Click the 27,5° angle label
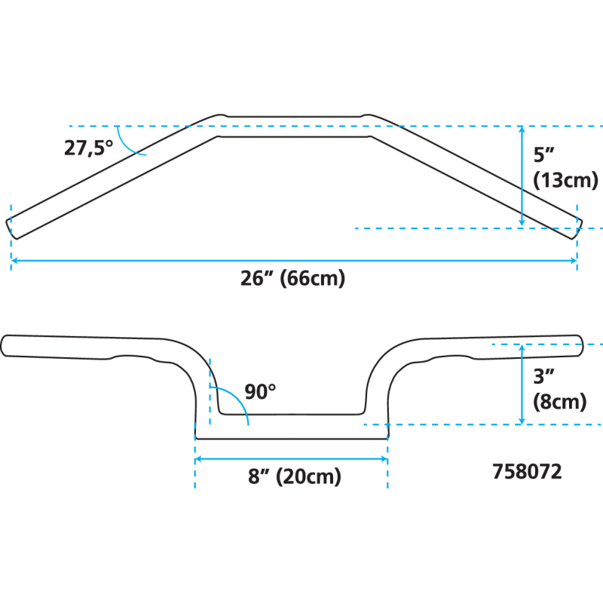[x=87, y=148]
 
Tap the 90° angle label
[x=260, y=392]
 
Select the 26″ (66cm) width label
[x=292, y=279]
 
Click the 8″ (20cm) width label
[x=294, y=477]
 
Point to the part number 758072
[x=527, y=473]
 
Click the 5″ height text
[x=544, y=155]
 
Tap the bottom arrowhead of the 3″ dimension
[x=522, y=420]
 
